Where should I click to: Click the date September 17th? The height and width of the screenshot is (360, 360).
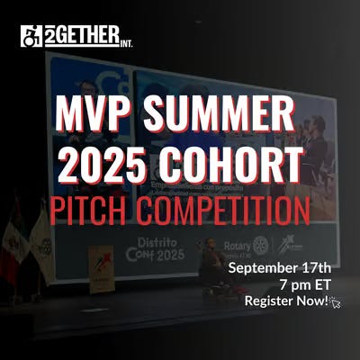pos(280,268)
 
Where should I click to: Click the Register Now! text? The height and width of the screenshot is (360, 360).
pos(286,301)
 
